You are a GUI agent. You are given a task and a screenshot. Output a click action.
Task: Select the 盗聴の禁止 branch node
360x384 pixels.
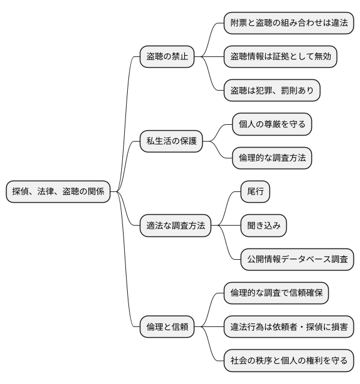[167, 57]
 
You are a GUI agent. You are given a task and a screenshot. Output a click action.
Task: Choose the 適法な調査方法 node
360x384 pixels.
[175, 226]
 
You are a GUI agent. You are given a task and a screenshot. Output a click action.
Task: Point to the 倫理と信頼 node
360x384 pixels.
[167, 327]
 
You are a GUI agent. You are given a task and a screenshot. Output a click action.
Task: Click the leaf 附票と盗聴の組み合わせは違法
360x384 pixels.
[289, 23]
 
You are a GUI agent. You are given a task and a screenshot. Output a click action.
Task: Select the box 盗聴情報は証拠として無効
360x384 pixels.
[280, 57]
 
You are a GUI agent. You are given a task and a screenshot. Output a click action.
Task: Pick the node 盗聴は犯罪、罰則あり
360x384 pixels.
[272, 91]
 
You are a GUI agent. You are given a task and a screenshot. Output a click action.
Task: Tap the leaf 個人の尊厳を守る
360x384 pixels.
[272, 124]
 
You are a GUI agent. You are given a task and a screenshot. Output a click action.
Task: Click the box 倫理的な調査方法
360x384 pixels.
[272, 158]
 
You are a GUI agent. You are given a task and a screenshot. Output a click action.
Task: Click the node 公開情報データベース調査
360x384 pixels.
[297, 260]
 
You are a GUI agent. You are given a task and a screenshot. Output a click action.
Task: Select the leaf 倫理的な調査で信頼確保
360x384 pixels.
[276, 293]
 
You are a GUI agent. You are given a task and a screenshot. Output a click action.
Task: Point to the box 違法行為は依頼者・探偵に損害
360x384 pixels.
[289, 327]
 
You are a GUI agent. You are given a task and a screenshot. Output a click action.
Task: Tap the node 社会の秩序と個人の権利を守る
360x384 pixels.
[289, 361]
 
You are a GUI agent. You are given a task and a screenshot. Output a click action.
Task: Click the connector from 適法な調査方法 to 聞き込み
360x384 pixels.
[226, 226]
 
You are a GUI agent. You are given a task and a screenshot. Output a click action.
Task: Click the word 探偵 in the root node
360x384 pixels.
[20, 192]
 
